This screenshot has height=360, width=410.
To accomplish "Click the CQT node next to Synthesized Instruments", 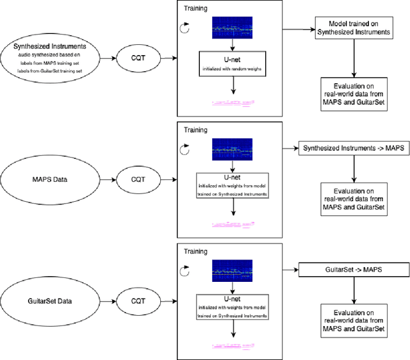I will (x=138, y=58).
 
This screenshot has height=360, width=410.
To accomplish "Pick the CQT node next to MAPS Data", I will (x=138, y=179).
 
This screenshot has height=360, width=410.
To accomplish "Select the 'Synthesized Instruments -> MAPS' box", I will (x=354, y=149).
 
